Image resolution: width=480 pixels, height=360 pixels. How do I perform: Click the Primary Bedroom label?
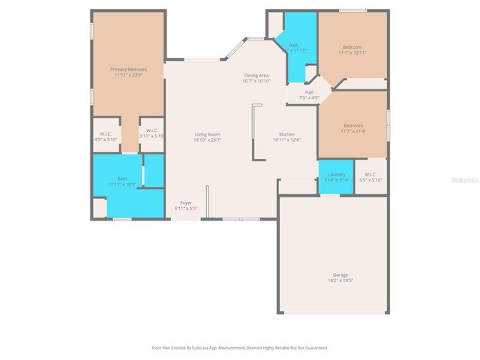point(128,70)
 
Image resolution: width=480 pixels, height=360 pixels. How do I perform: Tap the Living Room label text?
point(207,134)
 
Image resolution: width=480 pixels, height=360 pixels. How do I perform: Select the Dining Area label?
point(256,76)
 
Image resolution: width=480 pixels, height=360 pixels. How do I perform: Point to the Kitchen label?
point(286,134)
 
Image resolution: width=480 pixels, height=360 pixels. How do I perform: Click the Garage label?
point(340,274)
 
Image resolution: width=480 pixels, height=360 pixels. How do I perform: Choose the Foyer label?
point(185,202)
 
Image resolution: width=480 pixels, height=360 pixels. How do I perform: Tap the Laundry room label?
point(337,175)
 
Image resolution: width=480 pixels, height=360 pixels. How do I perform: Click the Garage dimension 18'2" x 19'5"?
point(340,280)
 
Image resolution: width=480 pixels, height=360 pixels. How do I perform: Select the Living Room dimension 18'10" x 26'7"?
point(207,139)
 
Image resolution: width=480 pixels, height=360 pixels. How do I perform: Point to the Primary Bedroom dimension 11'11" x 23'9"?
point(128,75)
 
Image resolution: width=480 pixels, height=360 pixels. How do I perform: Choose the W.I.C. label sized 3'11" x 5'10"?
point(151,132)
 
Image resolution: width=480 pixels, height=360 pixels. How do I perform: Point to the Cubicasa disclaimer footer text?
point(240,348)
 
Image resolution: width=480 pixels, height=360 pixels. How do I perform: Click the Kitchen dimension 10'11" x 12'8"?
point(286,139)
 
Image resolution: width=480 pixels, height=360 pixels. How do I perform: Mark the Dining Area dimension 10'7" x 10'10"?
point(256,81)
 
